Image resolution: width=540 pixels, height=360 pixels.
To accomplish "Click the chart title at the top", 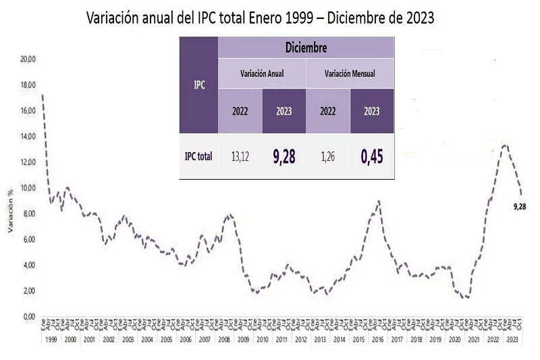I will (260, 18).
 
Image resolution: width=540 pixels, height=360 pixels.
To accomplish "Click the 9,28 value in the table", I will (284, 156).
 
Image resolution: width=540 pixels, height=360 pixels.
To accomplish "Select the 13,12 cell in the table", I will (240, 156).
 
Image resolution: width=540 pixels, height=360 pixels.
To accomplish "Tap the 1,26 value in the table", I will (328, 156).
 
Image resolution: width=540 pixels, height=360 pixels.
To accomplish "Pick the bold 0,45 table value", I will (371, 156).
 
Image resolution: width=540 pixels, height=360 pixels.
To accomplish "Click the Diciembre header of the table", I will (306, 47).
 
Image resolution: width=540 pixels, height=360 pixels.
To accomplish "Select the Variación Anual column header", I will (262, 73).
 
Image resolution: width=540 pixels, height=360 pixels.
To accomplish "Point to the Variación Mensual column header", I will (350, 73).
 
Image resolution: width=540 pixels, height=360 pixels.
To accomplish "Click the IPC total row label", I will (198, 156).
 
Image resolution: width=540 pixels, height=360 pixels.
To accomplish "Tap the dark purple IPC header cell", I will (198, 85).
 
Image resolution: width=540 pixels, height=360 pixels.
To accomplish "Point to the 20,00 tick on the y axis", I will (28, 59).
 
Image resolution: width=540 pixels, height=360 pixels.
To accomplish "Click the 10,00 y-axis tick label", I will (28, 188).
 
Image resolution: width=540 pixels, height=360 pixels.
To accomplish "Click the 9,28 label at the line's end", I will (520, 206).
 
